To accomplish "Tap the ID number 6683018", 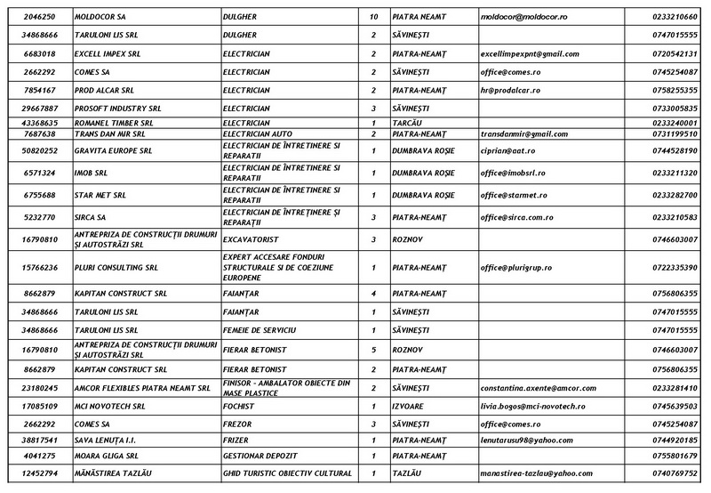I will [x=40, y=53].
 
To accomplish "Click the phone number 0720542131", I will [x=674, y=53].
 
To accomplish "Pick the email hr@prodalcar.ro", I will [x=511, y=90].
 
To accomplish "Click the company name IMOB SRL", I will [x=92, y=173].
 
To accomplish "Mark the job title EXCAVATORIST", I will [x=253, y=238].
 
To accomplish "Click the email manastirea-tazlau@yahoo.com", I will [x=537, y=473].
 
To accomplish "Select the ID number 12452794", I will [x=40, y=473].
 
